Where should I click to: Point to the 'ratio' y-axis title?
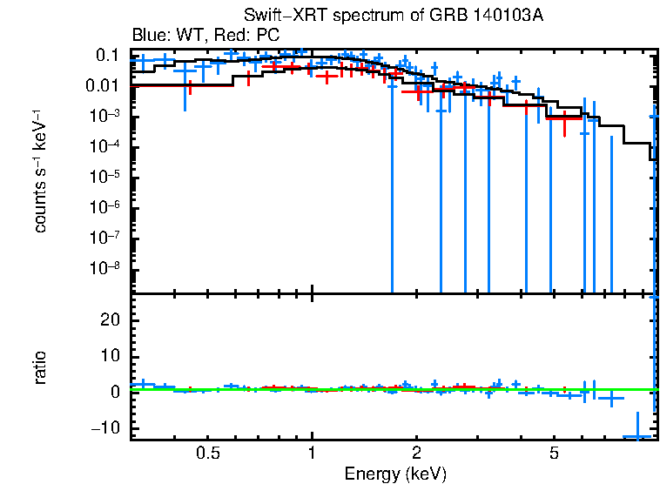40,367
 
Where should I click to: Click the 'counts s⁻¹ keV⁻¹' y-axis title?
40,171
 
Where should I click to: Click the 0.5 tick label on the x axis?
207,453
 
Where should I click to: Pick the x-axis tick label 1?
312,453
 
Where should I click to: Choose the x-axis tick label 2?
417,453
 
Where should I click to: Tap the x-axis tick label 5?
555,453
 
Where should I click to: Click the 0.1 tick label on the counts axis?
107,56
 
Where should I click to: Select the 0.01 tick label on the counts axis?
104,86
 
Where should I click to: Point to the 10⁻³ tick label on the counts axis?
106,116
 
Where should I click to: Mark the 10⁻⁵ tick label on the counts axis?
106,177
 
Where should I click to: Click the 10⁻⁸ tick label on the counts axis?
106,267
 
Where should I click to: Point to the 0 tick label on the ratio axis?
114,392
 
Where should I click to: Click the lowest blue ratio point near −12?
637,436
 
